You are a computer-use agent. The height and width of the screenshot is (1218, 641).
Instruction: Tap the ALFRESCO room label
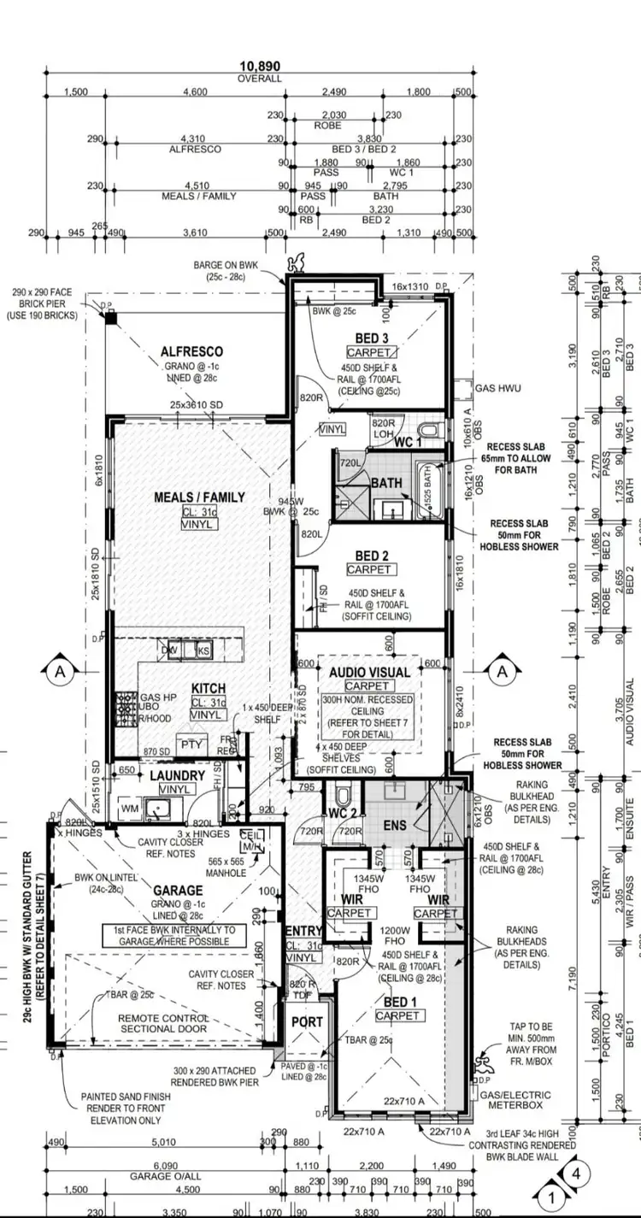[x=191, y=351]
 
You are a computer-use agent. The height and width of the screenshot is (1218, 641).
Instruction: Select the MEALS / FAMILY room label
[x=199, y=497]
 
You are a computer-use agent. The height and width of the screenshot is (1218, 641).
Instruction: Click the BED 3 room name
[x=373, y=337]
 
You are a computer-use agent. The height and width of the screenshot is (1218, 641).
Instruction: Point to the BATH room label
[x=386, y=483]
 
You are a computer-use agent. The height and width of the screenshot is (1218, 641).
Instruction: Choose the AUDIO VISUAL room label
[x=370, y=672]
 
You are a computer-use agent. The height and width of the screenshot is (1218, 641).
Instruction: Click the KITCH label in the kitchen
[x=208, y=688]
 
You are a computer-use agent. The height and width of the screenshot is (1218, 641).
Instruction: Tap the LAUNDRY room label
[x=177, y=775]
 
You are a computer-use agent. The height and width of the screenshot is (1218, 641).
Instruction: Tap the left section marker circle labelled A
[x=60, y=673]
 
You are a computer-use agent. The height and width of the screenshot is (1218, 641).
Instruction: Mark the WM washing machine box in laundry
[x=130, y=808]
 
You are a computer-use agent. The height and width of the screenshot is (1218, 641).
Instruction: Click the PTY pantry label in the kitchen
[x=190, y=744]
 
